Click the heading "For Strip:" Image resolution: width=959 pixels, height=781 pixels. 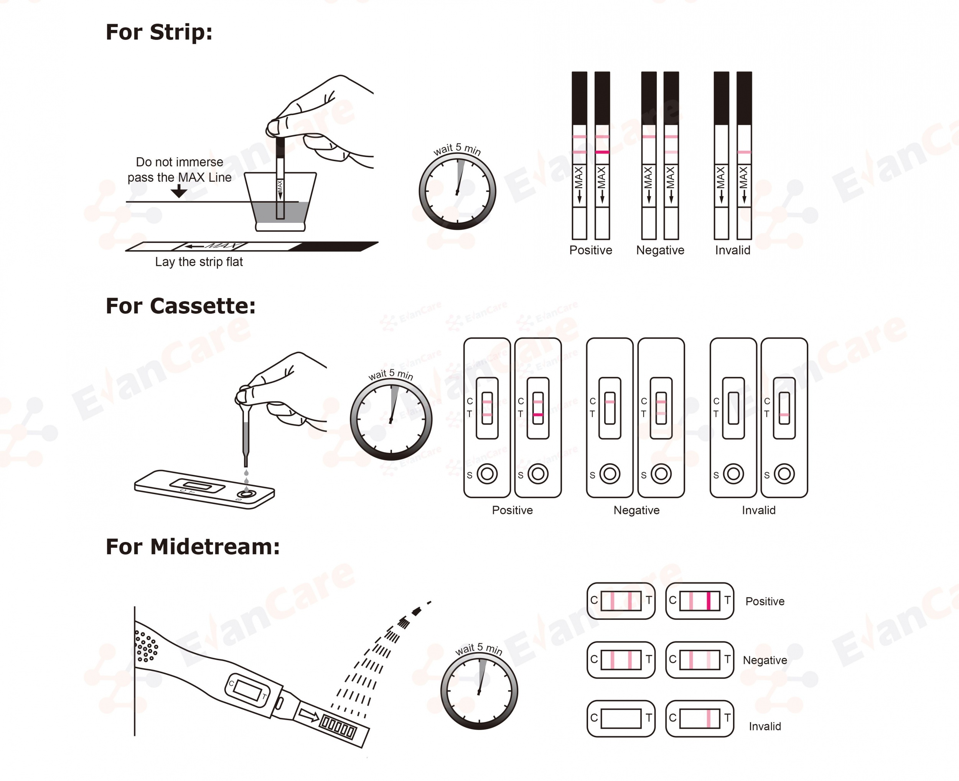point(159,32)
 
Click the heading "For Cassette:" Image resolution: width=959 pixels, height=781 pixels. point(180,306)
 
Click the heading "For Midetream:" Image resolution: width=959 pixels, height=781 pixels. point(193,547)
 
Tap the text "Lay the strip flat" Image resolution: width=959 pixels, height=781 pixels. point(199,262)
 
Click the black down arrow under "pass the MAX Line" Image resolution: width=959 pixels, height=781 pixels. point(179,192)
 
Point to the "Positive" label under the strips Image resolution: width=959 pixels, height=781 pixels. point(591,250)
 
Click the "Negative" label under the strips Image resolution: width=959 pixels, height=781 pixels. point(660,250)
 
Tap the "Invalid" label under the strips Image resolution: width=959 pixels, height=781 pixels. point(733,250)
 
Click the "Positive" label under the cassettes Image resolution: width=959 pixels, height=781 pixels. point(512,510)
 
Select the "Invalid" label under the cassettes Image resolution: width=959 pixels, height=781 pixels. point(759,510)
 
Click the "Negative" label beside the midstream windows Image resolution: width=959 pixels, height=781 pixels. point(765,661)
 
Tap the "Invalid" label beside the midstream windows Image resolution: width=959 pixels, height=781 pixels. point(765,726)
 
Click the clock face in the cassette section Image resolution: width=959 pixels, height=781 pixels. point(391,419)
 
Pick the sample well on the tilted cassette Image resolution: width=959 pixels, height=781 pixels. point(246,494)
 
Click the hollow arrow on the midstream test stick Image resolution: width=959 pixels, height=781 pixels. point(309,715)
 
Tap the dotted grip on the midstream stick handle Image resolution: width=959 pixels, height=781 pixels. point(146,646)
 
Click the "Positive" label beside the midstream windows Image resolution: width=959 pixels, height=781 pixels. point(765,601)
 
